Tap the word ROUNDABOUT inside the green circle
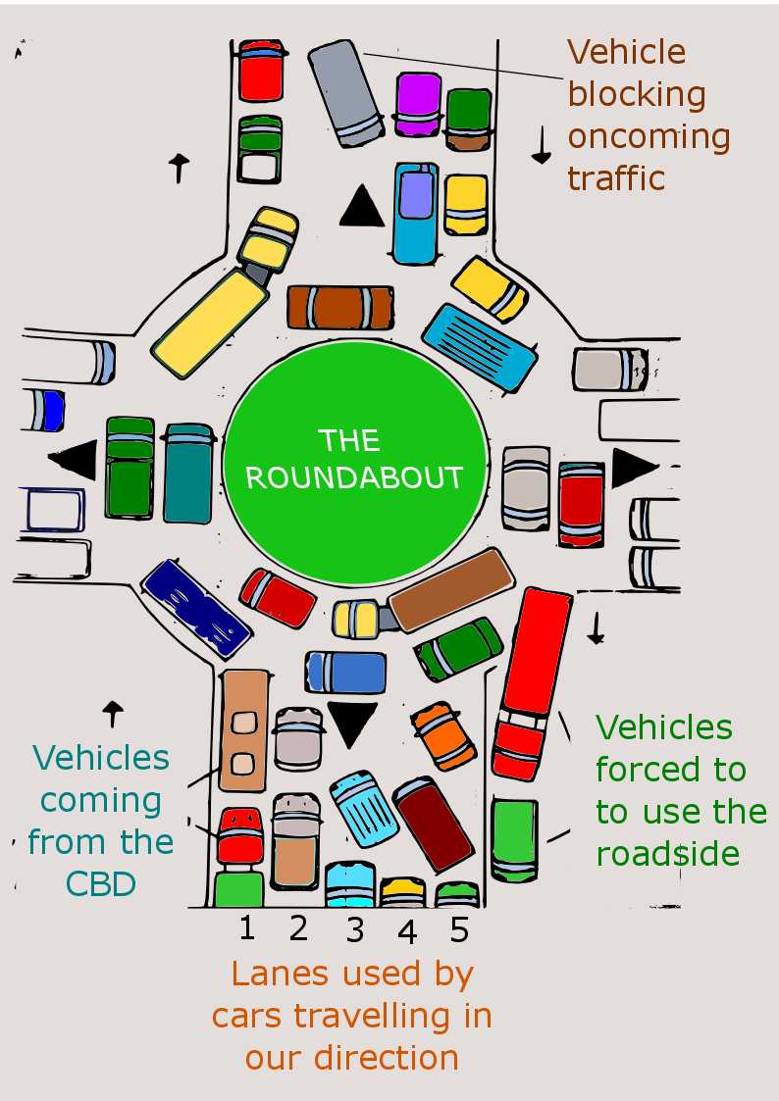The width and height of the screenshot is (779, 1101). click(354, 477)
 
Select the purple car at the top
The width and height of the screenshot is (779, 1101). click(418, 103)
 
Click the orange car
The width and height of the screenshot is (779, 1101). click(445, 735)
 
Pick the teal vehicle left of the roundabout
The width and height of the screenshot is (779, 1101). click(188, 473)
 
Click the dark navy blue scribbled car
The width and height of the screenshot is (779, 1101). click(195, 607)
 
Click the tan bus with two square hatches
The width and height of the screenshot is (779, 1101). click(244, 729)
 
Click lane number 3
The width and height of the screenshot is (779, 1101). click(355, 929)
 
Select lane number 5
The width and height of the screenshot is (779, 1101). click(459, 928)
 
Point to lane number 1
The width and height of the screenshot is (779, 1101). click(246, 926)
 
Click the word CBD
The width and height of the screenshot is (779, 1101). click(100, 883)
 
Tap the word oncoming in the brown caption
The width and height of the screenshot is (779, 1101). click(649, 136)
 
